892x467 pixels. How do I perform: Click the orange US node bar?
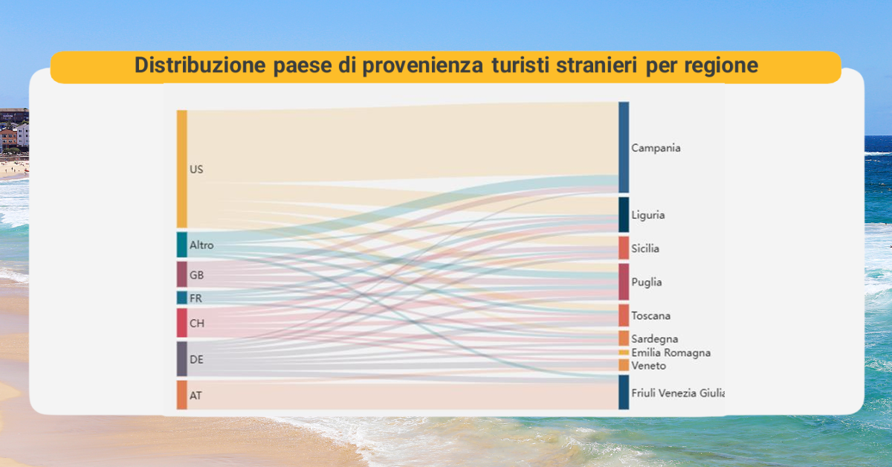click(x=182, y=169)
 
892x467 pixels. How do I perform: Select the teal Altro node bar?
click(x=182, y=245)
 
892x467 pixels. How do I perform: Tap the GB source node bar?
click(x=182, y=274)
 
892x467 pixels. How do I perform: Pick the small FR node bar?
click(x=182, y=297)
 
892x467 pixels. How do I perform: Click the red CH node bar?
click(x=182, y=323)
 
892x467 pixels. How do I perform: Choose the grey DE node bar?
click(x=182, y=358)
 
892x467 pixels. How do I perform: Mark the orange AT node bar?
click(x=182, y=395)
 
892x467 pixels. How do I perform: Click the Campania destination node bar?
click(x=624, y=147)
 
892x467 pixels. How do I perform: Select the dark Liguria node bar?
click(x=624, y=214)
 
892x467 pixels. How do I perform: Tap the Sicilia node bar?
click(x=624, y=248)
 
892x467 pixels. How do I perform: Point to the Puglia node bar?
click(x=624, y=282)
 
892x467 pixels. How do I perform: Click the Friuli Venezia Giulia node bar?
click(x=624, y=392)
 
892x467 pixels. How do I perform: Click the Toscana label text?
click(x=650, y=315)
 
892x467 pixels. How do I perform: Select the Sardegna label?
click(x=655, y=339)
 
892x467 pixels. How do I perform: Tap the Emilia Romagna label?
click(x=671, y=352)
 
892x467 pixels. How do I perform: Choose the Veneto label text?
click(x=649, y=365)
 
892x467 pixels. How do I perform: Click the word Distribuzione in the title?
click(x=200, y=65)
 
